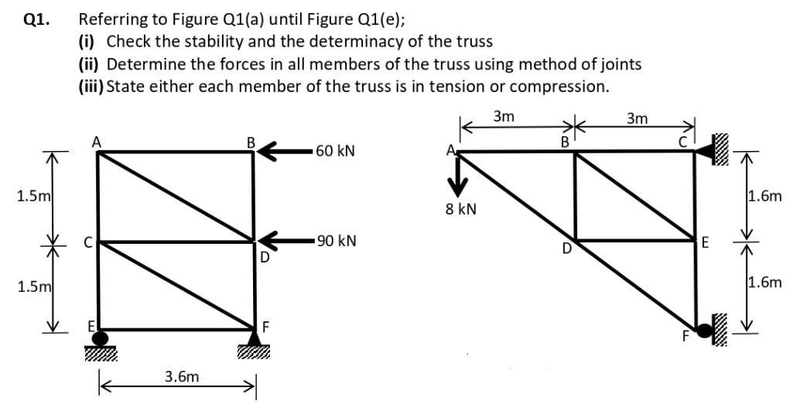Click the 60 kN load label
(x=336, y=150)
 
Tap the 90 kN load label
(x=336, y=241)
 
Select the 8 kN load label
(x=462, y=209)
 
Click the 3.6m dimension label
(x=180, y=377)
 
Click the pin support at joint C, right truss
(x=705, y=152)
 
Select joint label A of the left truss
(x=96, y=141)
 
